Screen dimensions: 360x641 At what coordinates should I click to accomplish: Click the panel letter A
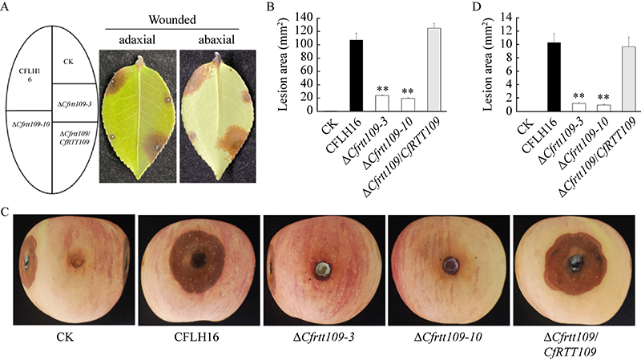(6, 9)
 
